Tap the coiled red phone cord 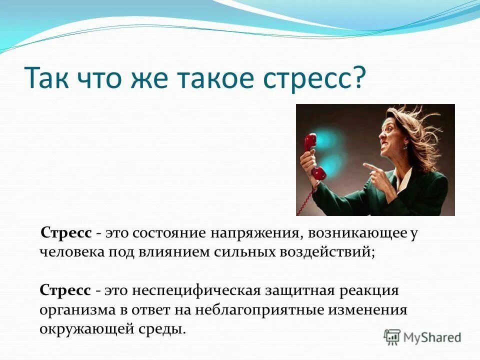(x=306, y=197)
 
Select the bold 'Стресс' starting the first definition (x=66, y=233)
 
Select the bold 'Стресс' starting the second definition (x=65, y=290)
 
